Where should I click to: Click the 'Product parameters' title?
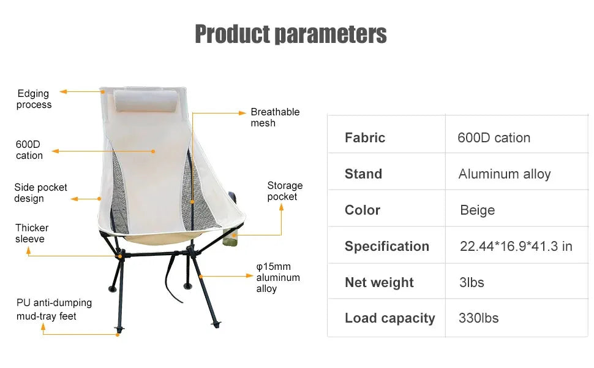(x=290, y=34)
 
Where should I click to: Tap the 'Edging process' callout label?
(x=34, y=99)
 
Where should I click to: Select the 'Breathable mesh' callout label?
(x=275, y=117)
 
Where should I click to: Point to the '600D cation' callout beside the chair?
(x=29, y=150)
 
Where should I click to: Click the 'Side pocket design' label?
(x=40, y=193)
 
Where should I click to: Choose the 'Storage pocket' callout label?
(x=285, y=191)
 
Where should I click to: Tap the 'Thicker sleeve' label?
(x=32, y=233)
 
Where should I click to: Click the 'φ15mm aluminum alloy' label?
(x=278, y=277)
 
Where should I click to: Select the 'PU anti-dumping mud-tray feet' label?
(x=54, y=309)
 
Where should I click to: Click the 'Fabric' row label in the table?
(x=365, y=137)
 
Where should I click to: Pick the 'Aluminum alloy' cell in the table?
(x=505, y=174)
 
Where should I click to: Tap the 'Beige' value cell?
(x=477, y=210)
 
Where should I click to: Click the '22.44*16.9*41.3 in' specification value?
(x=516, y=247)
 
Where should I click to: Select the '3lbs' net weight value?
(x=472, y=282)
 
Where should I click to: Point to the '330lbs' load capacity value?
(x=478, y=318)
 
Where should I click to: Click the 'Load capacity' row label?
(x=389, y=318)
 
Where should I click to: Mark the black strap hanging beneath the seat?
(x=172, y=279)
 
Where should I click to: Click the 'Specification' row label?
(x=386, y=247)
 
